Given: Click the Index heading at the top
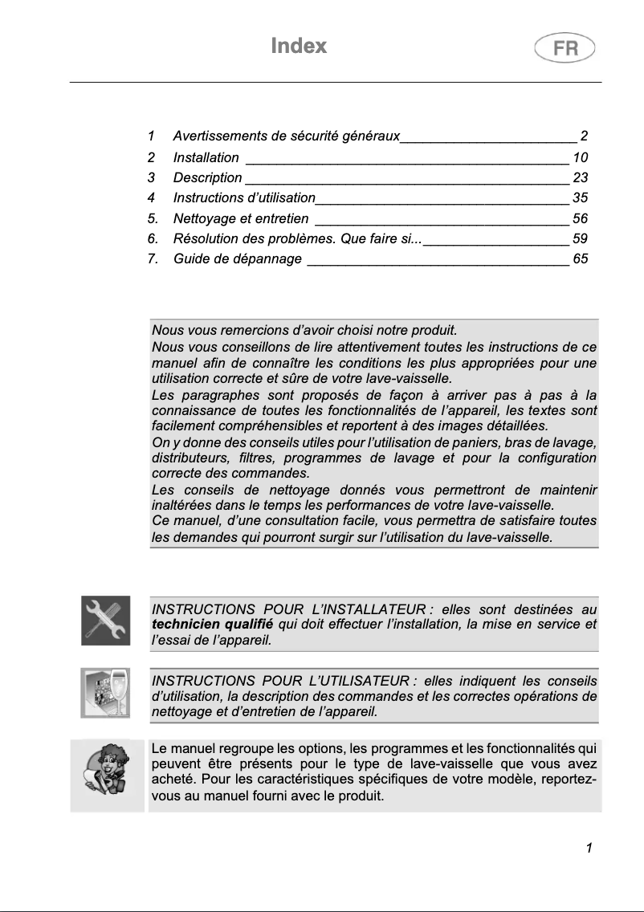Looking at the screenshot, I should point(299,46).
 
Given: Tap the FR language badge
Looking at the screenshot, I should point(565,48).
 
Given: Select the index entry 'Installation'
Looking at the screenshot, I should point(206,157).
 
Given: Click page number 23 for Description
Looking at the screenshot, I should point(580,177).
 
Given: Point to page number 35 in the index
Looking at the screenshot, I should point(580,197).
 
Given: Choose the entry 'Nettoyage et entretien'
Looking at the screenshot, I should point(241,218).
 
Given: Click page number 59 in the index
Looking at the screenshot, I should point(580,238).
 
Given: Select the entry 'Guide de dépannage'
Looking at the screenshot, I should point(238,259).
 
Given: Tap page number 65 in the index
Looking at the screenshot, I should point(580,259).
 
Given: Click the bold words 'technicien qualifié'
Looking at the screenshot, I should point(212,624).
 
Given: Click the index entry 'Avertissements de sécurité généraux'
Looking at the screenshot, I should point(286,136).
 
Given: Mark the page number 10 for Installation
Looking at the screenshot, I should point(580,157).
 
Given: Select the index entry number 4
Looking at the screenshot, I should point(152,197).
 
